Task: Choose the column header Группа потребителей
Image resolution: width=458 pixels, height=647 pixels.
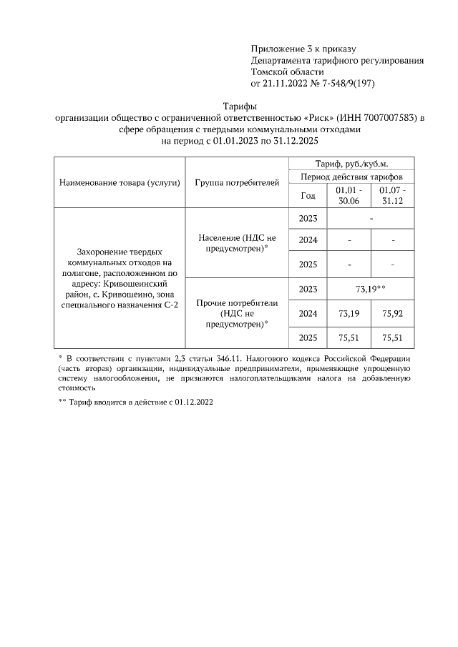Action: click(x=237, y=183)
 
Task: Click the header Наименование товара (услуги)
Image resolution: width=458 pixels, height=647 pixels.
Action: click(x=120, y=183)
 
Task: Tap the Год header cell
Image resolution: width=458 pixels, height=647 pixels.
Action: click(x=308, y=195)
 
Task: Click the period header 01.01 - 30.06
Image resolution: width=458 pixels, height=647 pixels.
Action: click(x=349, y=195)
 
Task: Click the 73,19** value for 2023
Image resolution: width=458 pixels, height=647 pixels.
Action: click(x=371, y=289)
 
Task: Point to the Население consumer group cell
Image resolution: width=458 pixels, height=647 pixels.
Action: click(x=237, y=242)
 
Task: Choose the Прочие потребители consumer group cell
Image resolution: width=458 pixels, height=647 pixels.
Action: click(x=237, y=312)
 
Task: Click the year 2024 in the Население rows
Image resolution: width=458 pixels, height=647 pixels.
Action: click(x=308, y=240)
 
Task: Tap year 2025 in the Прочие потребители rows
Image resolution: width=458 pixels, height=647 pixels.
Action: click(x=308, y=337)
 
